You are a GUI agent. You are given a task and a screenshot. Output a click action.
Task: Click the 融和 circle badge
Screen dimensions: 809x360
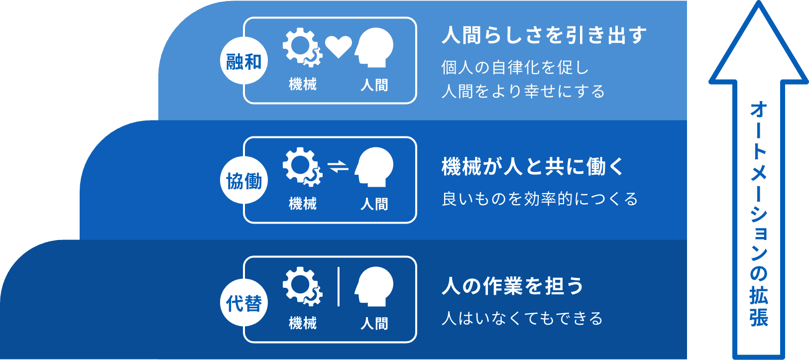(x=244, y=61)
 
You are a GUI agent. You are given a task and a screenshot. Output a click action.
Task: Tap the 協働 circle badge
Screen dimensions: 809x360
(x=244, y=180)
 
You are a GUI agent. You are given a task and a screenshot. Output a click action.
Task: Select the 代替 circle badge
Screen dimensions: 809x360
(x=244, y=303)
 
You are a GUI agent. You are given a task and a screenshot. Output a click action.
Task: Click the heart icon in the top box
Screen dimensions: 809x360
(x=339, y=47)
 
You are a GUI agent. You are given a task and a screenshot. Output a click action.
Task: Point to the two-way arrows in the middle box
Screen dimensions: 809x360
(x=338, y=166)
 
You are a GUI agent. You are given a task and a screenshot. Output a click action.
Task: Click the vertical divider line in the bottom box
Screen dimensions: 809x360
(x=339, y=287)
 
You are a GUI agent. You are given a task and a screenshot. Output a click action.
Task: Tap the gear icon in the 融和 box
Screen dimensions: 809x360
(x=302, y=47)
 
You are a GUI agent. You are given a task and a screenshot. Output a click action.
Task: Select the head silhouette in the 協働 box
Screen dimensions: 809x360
(x=374, y=167)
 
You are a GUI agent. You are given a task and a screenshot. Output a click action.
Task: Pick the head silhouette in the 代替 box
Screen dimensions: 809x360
(x=374, y=287)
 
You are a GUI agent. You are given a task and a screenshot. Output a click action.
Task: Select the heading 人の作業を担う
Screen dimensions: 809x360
(x=512, y=286)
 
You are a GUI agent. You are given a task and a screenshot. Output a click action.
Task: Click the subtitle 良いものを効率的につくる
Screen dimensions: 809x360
(x=540, y=199)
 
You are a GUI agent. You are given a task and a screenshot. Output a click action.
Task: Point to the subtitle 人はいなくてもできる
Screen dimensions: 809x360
(x=522, y=319)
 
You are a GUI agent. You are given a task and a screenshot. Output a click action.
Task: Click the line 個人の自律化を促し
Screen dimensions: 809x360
(x=515, y=68)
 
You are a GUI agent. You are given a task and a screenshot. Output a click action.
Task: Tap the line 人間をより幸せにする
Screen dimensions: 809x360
(x=523, y=91)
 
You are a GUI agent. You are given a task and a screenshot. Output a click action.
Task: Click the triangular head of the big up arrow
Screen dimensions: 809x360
(x=758, y=43)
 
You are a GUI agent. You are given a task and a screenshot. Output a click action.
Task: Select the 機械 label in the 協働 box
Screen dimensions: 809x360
(x=303, y=204)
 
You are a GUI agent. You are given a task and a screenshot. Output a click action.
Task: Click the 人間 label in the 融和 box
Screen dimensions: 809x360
(x=374, y=85)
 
